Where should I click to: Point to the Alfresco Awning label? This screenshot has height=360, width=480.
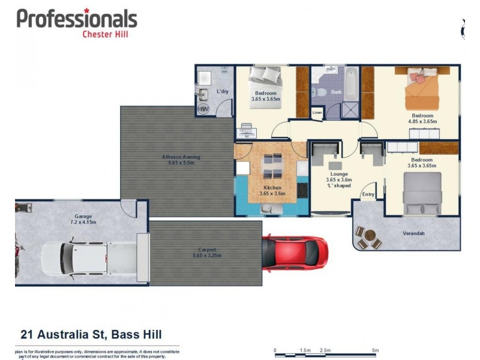click(181, 160)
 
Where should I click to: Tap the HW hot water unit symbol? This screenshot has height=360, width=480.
click(203, 109)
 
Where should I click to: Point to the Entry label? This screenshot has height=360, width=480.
click(368, 194)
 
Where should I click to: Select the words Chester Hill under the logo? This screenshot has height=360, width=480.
click(105, 34)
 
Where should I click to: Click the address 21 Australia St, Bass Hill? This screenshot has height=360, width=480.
click(91, 334)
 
